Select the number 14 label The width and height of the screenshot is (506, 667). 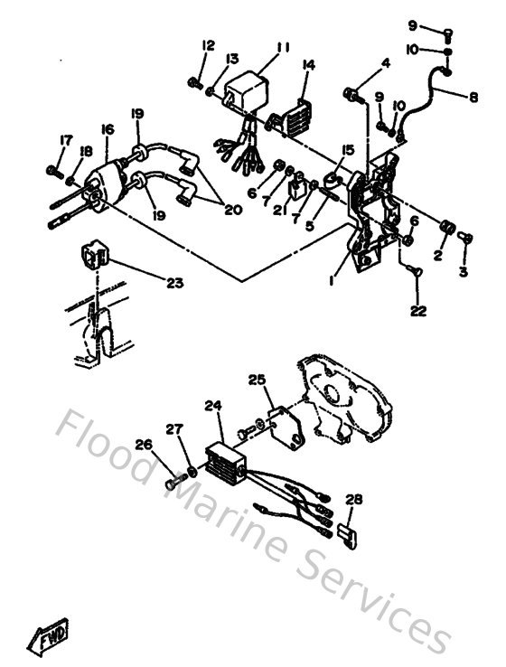click(x=309, y=64)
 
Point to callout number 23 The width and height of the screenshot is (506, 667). click(x=174, y=283)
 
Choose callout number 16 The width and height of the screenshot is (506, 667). click(x=108, y=130)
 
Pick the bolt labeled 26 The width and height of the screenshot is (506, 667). click(x=173, y=483)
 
